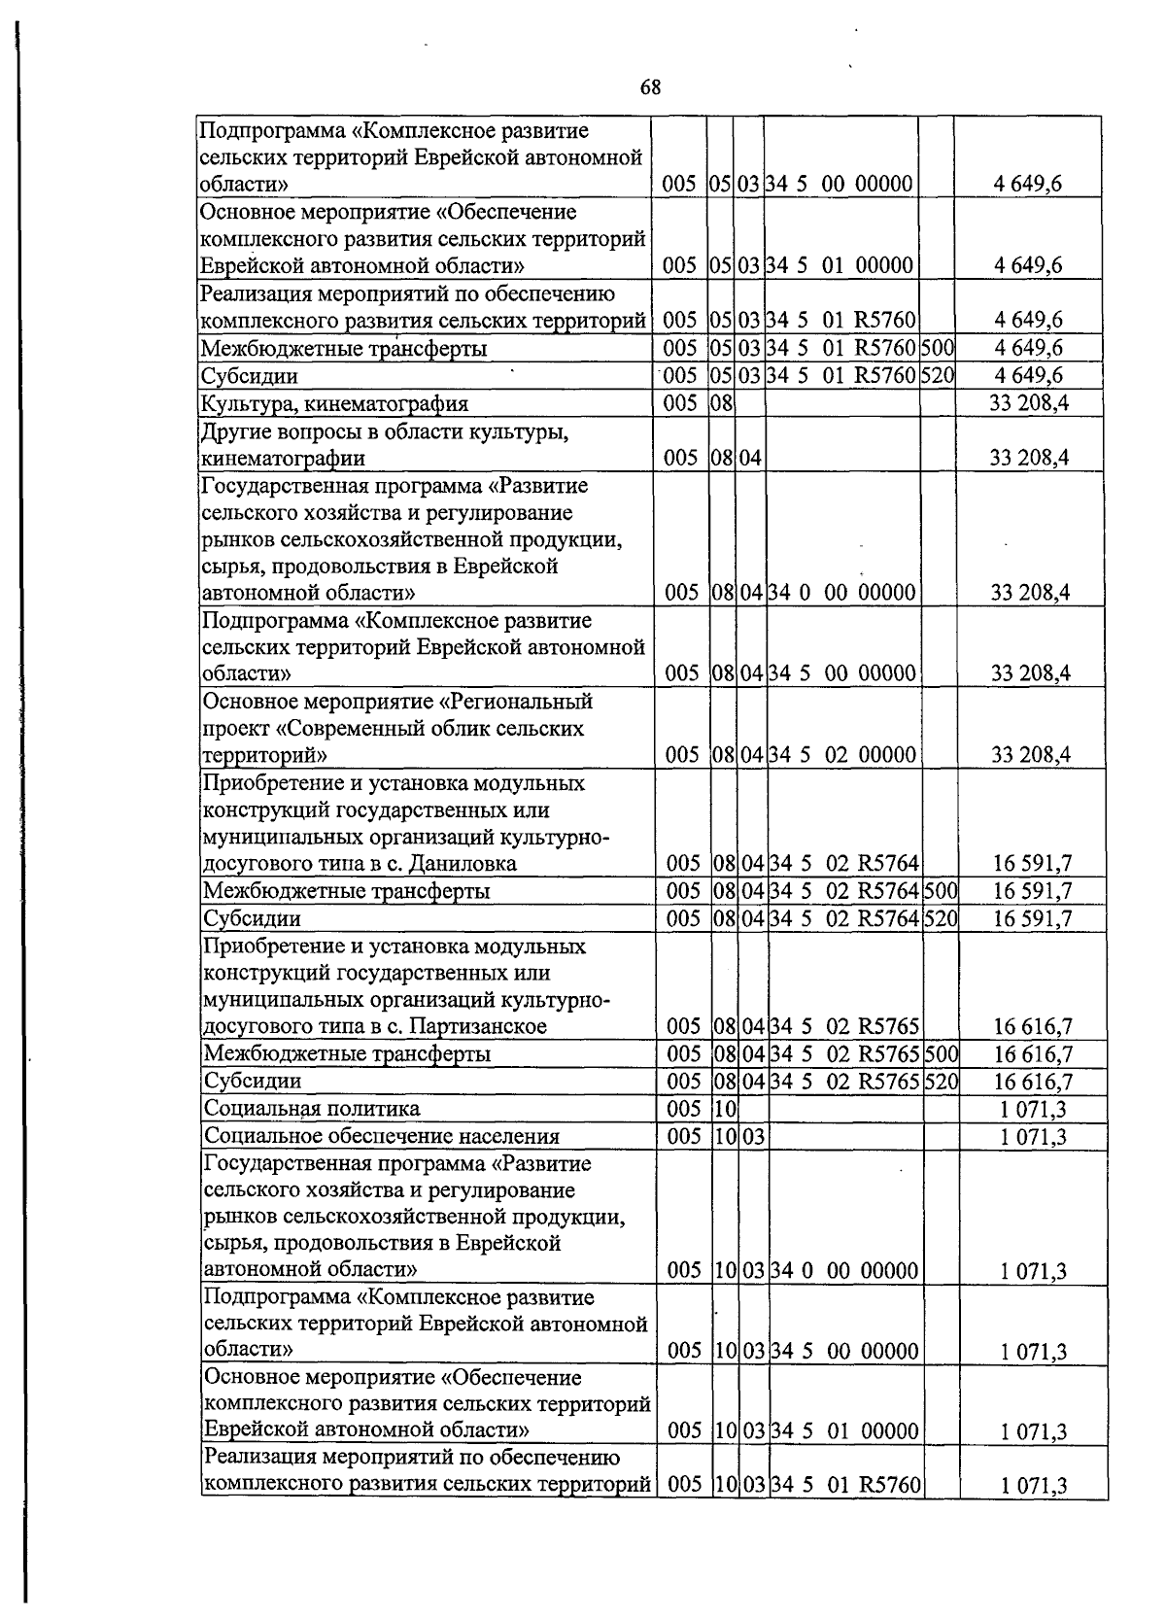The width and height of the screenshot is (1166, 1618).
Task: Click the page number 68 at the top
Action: (x=650, y=88)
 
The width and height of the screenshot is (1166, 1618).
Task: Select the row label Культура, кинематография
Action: (x=334, y=403)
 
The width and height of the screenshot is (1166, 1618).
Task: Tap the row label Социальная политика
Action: (x=312, y=1109)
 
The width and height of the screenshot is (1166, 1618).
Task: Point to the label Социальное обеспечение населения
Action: (x=382, y=1136)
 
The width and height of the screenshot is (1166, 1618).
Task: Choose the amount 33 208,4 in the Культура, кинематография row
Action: (x=1029, y=403)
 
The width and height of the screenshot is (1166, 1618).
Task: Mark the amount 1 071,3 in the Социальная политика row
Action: (x=1034, y=1109)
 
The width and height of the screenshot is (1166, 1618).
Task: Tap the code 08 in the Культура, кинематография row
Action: (x=721, y=403)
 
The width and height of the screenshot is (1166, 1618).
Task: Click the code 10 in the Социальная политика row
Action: (x=725, y=1109)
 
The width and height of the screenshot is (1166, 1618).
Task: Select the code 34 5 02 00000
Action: (x=841, y=755)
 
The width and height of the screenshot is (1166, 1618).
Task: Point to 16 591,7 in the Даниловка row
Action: (x=1032, y=863)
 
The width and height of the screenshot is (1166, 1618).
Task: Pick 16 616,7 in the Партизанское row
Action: (x=1033, y=1026)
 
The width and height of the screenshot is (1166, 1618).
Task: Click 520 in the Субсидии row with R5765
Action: (x=942, y=1082)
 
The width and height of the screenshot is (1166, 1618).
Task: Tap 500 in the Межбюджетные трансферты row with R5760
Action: (x=937, y=348)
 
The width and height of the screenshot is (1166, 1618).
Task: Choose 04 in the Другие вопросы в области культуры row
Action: (x=750, y=458)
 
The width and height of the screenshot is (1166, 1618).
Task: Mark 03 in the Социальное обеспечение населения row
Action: (x=754, y=1136)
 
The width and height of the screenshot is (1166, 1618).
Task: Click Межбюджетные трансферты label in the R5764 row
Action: (x=346, y=891)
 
